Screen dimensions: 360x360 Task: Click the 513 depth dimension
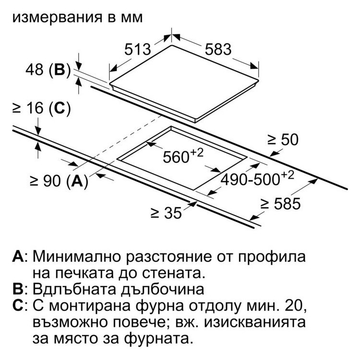(x=138, y=49)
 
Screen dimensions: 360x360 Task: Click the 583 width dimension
(x=218, y=49)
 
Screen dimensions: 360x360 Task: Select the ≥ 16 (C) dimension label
(x=42, y=108)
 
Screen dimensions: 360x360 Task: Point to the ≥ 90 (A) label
(x=59, y=181)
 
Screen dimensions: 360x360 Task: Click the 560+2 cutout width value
(x=183, y=156)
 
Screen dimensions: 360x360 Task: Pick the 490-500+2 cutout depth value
(x=257, y=178)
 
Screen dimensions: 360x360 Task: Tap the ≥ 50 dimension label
(x=283, y=140)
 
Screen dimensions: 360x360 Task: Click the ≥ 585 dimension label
(x=281, y=204)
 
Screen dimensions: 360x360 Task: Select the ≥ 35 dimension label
(x=166, y=213)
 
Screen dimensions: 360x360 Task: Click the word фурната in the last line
(x=158, y=339)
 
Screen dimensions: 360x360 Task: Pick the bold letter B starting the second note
(x=18, y=289)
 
